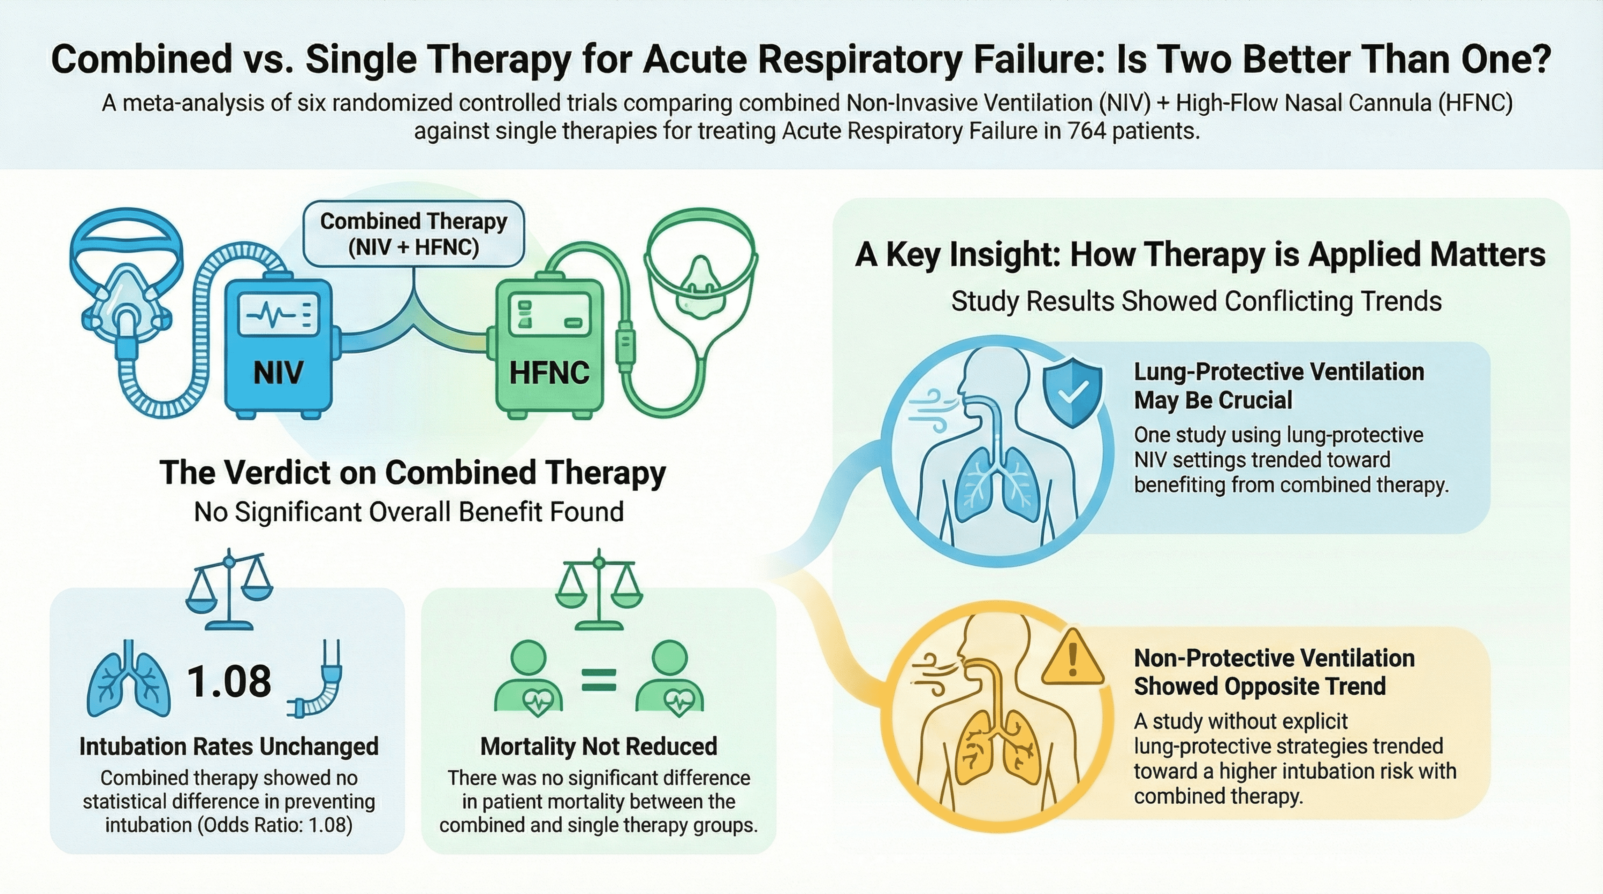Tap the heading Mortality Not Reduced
pos(599,746)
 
